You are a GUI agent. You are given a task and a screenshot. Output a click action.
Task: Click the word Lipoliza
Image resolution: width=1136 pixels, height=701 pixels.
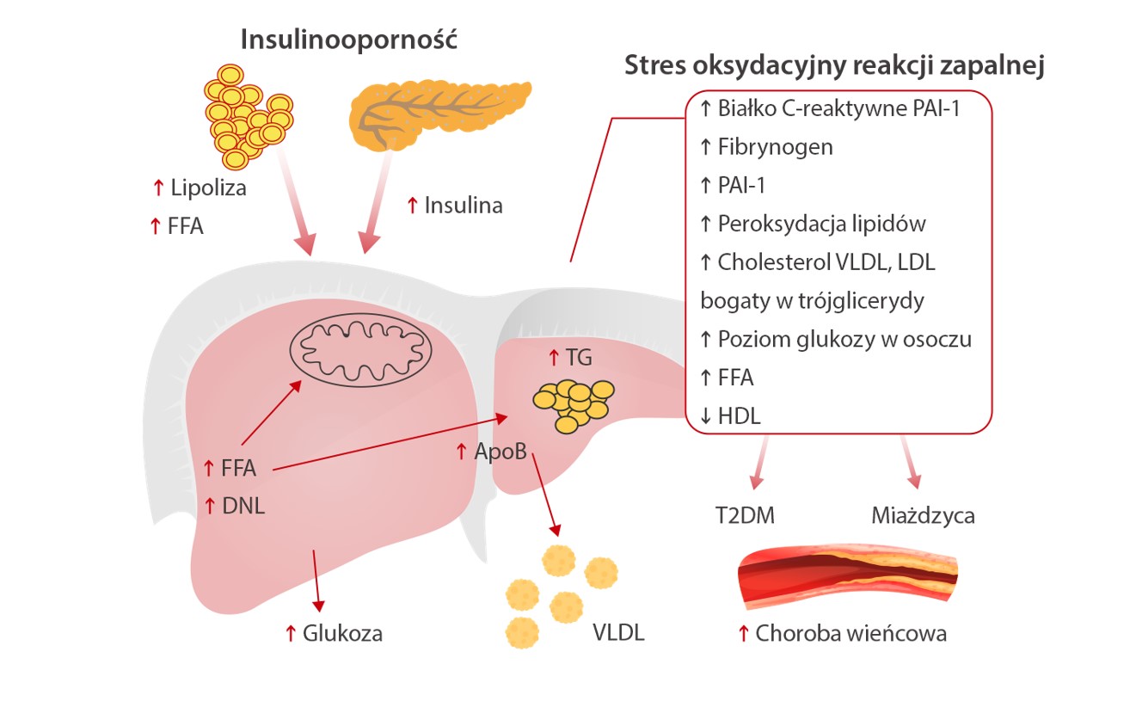coord(208,188)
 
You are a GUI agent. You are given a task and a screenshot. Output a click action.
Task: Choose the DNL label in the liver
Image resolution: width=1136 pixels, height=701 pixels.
coord(243,506)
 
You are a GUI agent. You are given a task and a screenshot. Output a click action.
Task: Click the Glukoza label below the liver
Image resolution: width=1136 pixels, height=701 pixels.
coord(342,634)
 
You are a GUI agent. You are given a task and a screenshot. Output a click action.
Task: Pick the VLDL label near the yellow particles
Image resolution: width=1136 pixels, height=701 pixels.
coord(617,634)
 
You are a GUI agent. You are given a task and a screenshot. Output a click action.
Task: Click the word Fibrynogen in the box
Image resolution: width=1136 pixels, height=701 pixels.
coord(775,147)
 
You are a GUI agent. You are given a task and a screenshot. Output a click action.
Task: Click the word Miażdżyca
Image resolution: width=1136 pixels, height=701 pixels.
coord(923,516)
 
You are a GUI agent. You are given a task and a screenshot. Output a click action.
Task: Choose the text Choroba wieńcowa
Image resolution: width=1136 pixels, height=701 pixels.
coord(850,634)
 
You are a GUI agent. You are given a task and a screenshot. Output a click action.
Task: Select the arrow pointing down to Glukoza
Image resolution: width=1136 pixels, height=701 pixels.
coord(317,577)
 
